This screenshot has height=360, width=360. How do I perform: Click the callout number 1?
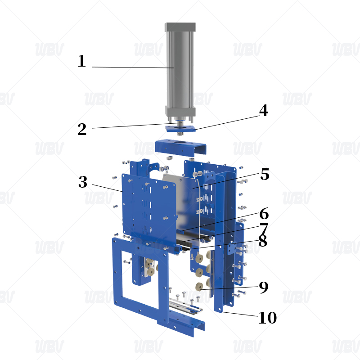(x=82, y=61)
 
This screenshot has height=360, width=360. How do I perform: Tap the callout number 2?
(x=82, y=129)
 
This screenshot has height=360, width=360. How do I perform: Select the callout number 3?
(x=83, y=182)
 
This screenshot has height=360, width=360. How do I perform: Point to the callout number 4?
(x=264, y=110)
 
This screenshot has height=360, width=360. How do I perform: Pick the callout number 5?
(x=265, y=174)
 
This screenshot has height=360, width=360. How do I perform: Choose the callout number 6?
(x=264, y=213)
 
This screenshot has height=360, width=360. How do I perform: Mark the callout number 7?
(x=264, y=229)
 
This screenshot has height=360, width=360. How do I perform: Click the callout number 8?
(x=263, y=241)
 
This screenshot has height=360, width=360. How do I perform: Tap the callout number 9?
(x=264, y=287)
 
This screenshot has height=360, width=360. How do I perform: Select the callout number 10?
(x=267, y=318)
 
